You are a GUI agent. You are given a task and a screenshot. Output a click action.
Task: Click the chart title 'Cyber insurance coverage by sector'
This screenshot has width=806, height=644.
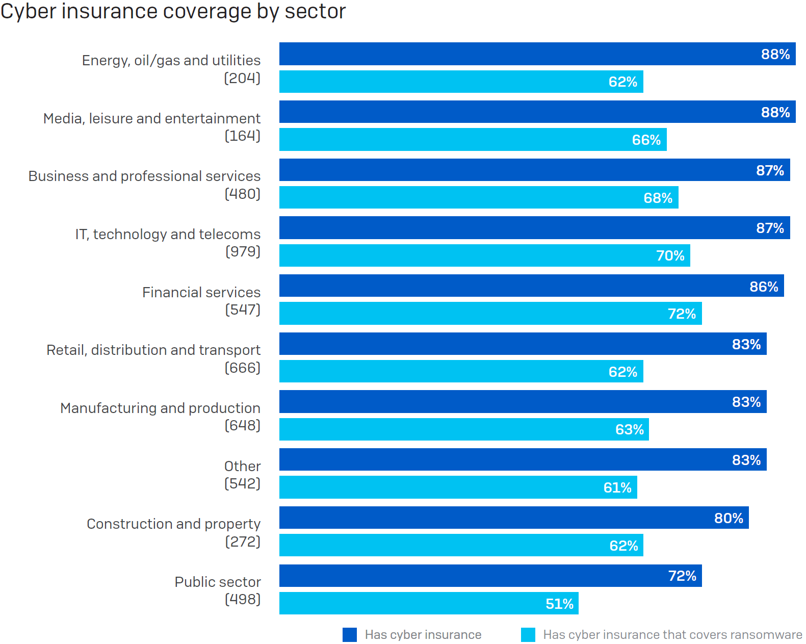(x=173, y=11)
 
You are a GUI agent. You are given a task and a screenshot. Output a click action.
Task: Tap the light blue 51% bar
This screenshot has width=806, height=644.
(x=428, y=603)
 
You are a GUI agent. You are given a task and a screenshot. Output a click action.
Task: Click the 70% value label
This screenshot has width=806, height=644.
(x=670, y=255)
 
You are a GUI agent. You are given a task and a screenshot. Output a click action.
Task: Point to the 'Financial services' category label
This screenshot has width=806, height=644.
(x=201, y=292)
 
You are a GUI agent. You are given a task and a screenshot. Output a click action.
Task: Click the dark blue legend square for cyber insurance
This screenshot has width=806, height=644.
(x=349, y=635)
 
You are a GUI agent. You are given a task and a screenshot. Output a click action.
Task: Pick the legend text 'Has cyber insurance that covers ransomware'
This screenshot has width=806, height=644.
(x=672, y=635)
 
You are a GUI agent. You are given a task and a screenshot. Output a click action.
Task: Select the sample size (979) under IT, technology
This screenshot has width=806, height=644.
(x=243, y=251)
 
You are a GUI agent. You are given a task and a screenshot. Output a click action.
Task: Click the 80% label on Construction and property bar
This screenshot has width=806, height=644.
(x=729, y=518)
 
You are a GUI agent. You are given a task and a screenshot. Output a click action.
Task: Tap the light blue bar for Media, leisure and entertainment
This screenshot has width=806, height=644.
(x=472, y=140)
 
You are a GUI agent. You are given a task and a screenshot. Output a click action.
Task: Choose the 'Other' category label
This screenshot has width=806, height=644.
(x=242, y=466)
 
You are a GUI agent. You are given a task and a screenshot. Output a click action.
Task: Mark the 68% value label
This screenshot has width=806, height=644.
(x=658, y=198)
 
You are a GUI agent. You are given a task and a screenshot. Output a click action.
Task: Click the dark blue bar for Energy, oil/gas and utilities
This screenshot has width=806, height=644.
(x=537, y=54)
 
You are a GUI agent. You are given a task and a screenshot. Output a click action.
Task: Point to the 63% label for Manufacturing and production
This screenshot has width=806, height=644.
(x=629, y=429)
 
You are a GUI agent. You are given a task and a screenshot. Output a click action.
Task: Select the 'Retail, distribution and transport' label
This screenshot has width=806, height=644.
(x=153, y=350)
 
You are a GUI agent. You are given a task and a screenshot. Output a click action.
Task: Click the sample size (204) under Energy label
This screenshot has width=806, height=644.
(x=242, y=78)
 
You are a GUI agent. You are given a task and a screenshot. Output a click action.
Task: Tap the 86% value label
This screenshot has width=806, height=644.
(x=763, y=287)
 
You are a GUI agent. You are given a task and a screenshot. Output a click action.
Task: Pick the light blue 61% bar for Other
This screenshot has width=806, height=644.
(x=458, y=487)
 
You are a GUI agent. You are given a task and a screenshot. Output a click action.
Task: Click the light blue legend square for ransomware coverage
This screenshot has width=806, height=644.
(x=528, y=635)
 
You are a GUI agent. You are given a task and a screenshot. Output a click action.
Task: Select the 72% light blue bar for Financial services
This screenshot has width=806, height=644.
(x=490, y=314)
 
